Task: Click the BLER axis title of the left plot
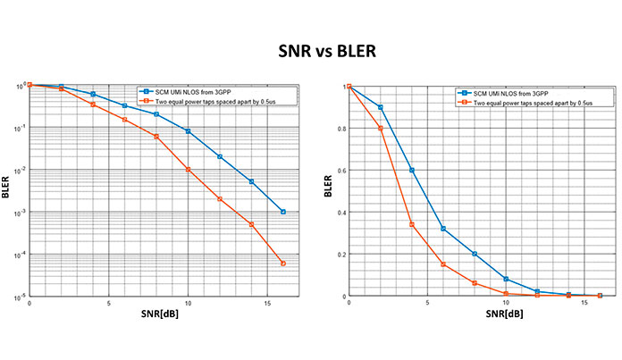(7, 191)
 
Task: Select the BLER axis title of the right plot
(327, 191)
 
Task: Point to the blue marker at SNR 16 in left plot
(282, 212)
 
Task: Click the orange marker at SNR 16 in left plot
(282, 264)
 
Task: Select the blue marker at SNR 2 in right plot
(381, 107)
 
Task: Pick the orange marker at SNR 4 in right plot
(412, 224)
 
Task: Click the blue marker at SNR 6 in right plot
(443, 229)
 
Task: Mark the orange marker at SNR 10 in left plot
(188, 170)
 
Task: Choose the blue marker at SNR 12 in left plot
(220, 156)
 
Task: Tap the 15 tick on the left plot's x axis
(266, 303)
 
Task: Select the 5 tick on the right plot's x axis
(427, 303)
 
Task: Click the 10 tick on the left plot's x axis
(188, 303)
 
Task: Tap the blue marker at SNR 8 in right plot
(475, 254)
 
